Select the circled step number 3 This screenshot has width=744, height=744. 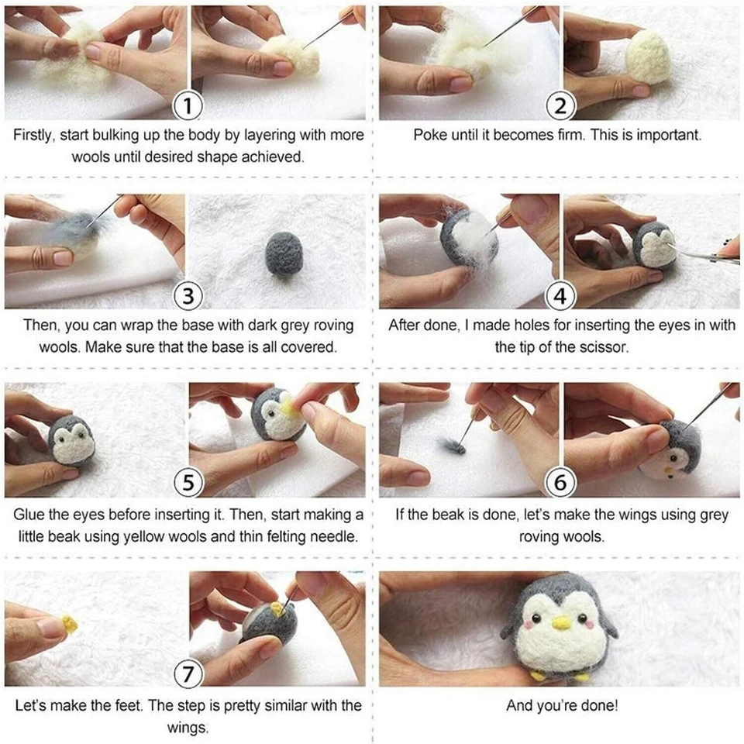point(187,295)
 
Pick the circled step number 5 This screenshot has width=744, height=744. point(187,484)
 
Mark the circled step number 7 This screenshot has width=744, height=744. point(187,673)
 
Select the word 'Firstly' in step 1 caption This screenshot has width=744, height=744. point(36,135)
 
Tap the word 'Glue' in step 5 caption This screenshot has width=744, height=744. point(29,515)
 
